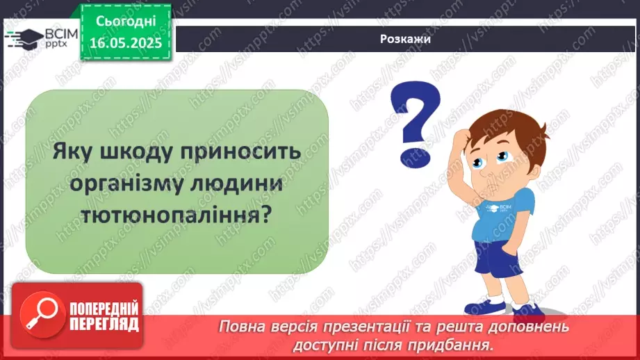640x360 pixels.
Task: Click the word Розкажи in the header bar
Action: tap(406, 39)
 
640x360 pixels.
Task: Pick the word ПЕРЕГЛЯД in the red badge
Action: tap(103, 324)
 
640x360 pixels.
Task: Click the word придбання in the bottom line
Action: tap(460, 343)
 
